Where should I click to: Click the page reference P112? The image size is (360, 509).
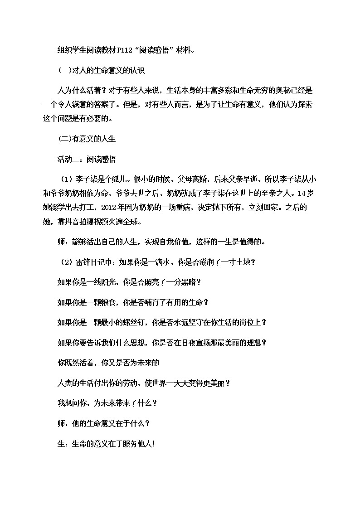point(124,50)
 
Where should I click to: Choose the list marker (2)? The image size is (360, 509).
point(67,262)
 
